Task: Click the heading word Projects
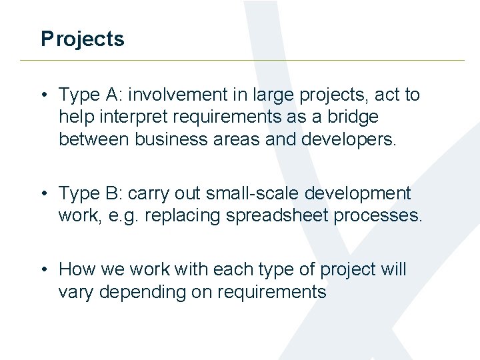(x=82, y=39)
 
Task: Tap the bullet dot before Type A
(x=44, y=95)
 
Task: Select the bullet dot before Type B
(x=44, y=194)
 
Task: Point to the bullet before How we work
(x=44, y=270)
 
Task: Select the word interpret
(x=136, y=117)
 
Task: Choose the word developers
(x=359, y=139)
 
